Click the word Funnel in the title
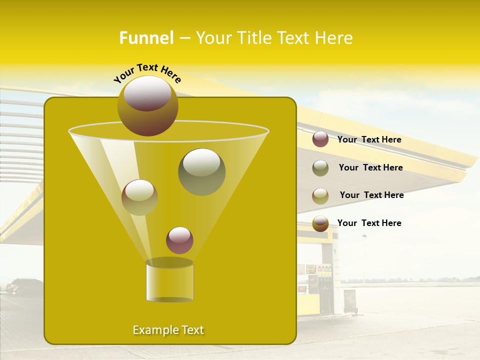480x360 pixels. coord(146,38)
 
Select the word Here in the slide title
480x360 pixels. coord(335,38)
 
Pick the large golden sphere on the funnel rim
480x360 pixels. coord(147,105)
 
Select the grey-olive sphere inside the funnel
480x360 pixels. coord(202,171)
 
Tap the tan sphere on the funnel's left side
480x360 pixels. coord(139,197)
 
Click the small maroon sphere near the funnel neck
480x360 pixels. coord(179,240)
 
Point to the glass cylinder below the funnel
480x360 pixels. coord(169,281)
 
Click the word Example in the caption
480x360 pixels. coord(151,330)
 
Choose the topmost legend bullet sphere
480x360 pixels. coord(320,139)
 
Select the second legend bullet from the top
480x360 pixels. coord(320,168)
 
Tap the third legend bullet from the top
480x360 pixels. coord(320,195)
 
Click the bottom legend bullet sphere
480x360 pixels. coord(320,223)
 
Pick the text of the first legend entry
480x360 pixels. coord(369,140)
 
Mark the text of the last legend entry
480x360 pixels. coord(369,223)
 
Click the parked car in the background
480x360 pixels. coord(23,286)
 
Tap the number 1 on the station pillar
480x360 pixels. coord(334,251)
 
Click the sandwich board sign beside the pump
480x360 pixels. coord(350,301)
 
